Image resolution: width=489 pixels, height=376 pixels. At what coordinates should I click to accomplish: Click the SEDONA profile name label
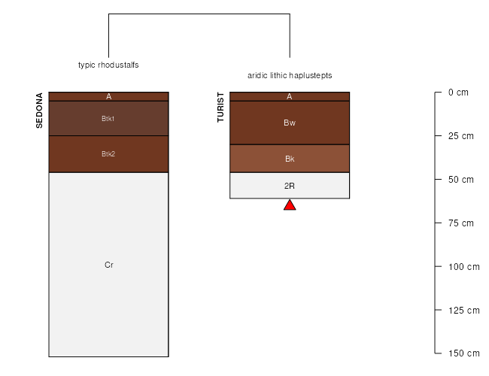coord(39,111)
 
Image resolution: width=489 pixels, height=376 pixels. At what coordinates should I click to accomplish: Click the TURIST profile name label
coord(220,108)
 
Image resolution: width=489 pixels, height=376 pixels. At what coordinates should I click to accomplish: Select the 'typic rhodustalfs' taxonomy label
coord(108,65)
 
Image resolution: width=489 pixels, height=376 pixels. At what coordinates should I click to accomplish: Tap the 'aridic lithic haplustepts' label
coord(290,75)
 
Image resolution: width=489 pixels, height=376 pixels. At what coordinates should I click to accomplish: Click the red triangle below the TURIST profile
coord(290,205)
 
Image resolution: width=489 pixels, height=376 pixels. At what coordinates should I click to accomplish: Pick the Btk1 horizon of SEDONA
coord(108,119)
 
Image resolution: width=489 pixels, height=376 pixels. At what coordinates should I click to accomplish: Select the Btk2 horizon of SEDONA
coord(108,154)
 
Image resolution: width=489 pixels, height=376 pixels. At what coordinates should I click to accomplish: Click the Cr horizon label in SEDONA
coord(109,265)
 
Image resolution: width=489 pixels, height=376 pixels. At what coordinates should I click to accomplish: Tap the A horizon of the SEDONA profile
coord(108,97)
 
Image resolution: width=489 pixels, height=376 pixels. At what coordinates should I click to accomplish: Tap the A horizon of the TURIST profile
coord(290,97)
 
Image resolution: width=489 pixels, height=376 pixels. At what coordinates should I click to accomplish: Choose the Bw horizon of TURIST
coord(290,123)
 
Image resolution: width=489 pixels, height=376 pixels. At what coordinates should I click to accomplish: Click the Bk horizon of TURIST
coord(290,159)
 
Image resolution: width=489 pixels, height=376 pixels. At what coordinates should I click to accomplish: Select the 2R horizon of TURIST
coord(290,186)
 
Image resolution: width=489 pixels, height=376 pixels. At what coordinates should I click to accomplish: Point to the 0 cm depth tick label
coord(458,92)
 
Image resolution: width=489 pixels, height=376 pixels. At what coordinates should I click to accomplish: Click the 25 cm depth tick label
coord(461,136)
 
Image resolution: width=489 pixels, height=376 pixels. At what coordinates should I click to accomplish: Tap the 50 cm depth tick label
coord(461,180)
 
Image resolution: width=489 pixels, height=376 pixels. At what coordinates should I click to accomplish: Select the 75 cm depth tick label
coord(461,223)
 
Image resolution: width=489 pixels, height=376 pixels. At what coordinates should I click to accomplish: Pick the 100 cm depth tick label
coord(463,266)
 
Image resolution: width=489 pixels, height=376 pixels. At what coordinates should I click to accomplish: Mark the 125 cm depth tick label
coord(463,311)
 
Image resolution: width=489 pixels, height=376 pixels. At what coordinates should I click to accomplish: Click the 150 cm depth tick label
coord(463,353)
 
